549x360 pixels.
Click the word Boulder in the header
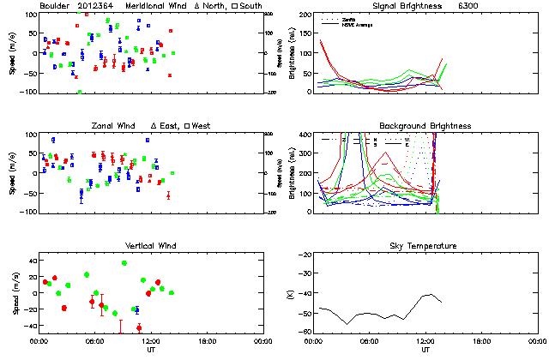click(57, 6)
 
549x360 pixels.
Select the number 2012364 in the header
click(94, 6)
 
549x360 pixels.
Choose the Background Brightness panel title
click(426, 126)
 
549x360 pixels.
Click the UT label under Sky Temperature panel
click(425, 349)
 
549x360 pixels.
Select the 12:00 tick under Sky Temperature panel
click(425, 340)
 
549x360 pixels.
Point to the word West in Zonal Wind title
click(202, 126)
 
